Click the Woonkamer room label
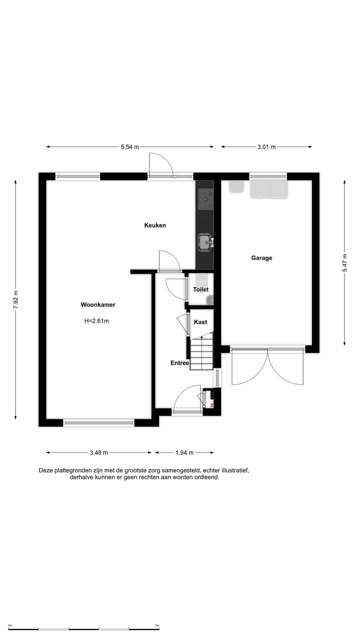tap(98, 304)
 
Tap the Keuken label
tap(155, 225)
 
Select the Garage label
tap(261, 258)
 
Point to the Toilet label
tap(200, 289)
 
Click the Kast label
tap(200, 322)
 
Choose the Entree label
tap(179, 363)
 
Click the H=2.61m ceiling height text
tap(96, 321)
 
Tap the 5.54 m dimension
tap(129, 147)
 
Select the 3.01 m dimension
tap(266, 147)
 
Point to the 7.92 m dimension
tap(15, 299)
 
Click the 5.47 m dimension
tap(344, 262)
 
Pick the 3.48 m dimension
tap(99, 452)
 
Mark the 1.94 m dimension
tap(184, 452)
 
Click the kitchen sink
tap(204, 242)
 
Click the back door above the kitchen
tap(160, 165)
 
